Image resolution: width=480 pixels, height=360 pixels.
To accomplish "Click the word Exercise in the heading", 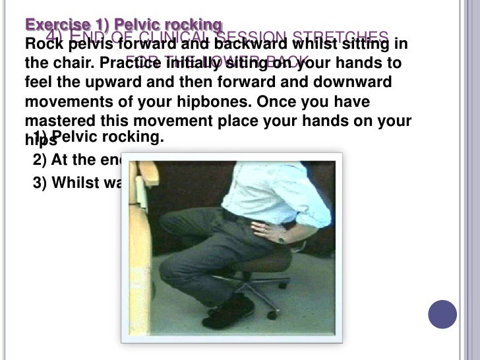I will pyautogui.click(x=50, y=25).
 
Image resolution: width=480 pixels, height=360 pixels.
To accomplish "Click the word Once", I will pyautogui.click(x=276, y=104).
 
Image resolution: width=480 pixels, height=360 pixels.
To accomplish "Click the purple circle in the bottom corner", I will pyautogui.click(x=442, y=315).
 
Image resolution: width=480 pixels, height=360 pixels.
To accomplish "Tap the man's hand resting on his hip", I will pyautogui.click(x=267, y=231).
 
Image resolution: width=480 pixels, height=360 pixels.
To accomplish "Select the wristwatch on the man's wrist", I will pyautogui.click(x=281, y=235).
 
